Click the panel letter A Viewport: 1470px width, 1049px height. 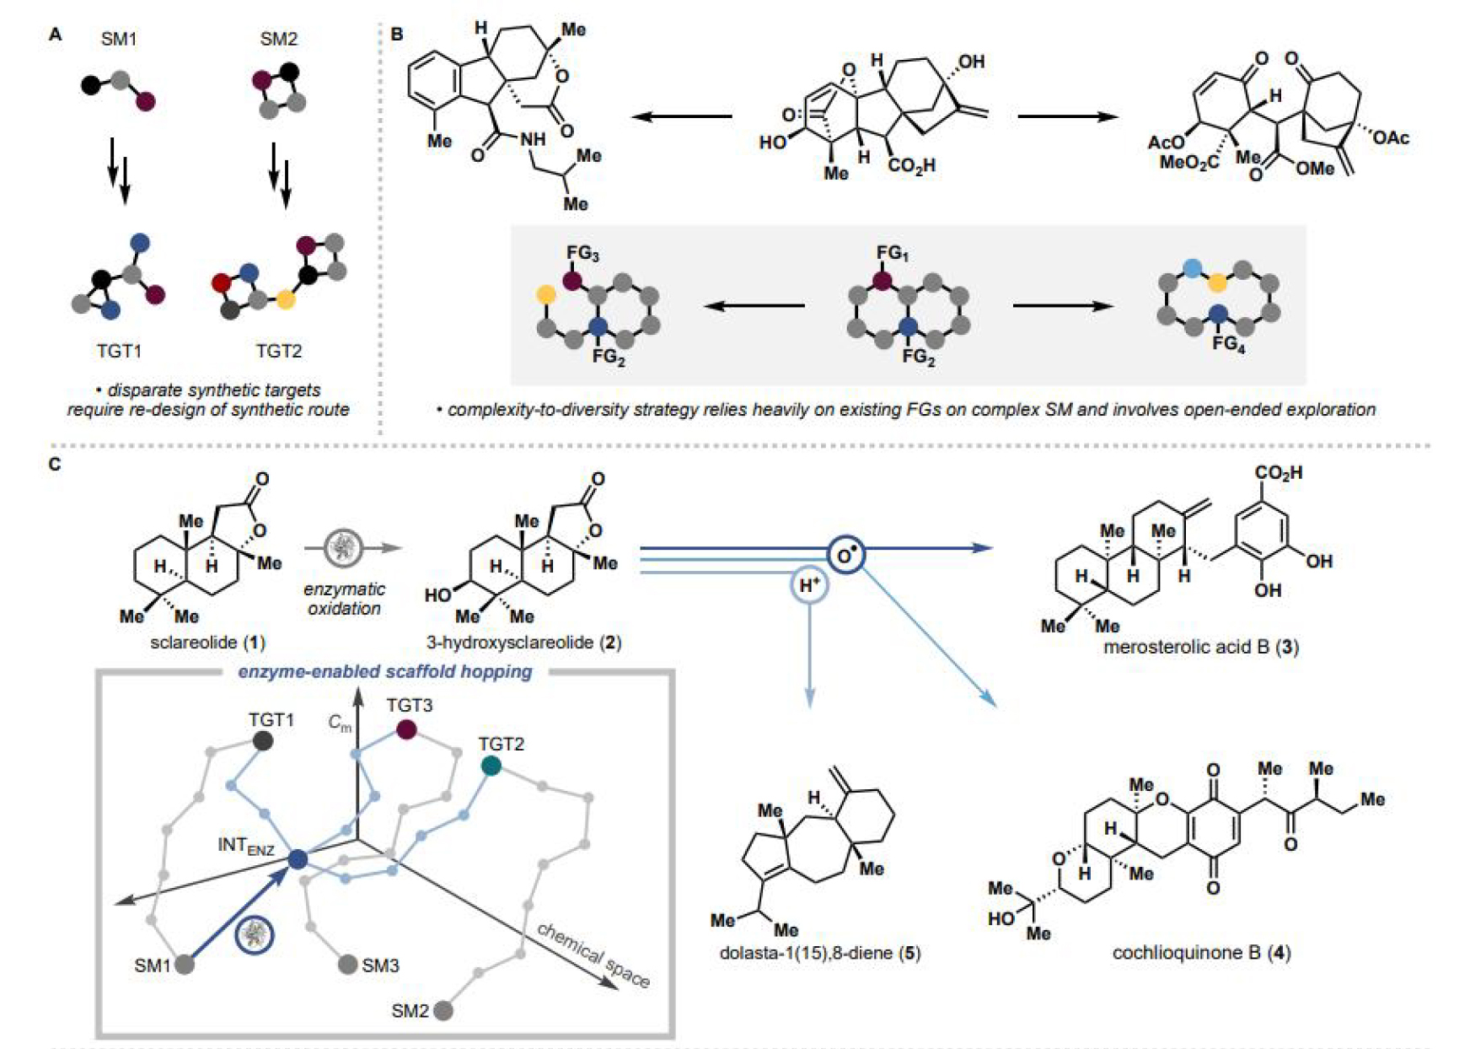click(56, 35)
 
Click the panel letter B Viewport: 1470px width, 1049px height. click(396, 35)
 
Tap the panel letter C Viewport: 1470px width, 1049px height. click(56, 464)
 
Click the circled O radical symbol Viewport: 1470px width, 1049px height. click(845, 555)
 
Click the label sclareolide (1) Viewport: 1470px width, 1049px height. click(207, 643)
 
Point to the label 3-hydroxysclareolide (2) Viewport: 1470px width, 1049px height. click(523, 643)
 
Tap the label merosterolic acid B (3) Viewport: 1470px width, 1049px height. click(1200, 648)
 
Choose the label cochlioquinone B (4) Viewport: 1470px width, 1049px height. click(1201, 953)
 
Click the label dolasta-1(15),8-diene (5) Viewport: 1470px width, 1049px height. click(819, 953)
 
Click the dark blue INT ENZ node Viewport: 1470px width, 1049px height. click(298, 859)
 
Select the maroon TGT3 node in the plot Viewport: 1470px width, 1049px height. click(406, 729)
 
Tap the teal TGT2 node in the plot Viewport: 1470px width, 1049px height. click(491, 765)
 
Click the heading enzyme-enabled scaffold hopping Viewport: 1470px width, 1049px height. click(384, 672)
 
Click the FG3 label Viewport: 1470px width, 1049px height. click(582, 253)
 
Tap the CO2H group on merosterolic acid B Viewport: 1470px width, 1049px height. click(1278, 473)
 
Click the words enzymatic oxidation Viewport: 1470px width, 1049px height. click(344, 599)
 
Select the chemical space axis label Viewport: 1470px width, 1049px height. click(593, 955)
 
